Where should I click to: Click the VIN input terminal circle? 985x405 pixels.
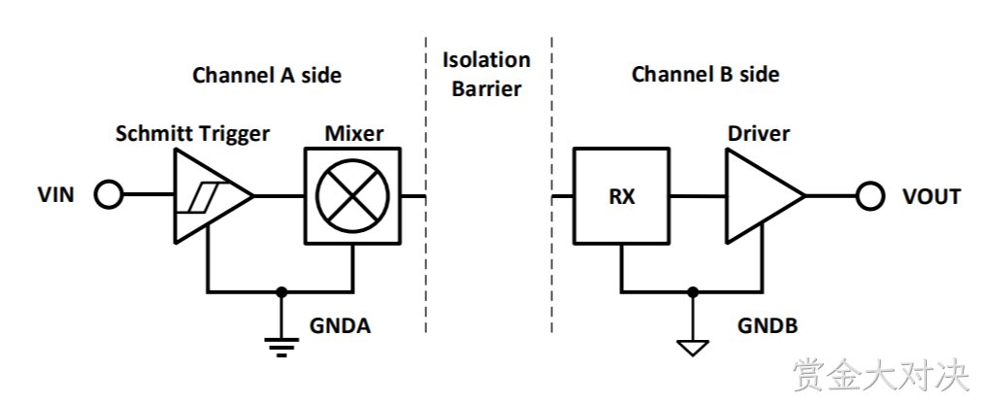click(108, 195)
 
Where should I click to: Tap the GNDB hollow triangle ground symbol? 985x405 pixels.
click(692, 348)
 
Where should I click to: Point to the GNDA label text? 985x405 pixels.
click(340, 325)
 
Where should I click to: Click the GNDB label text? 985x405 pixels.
click(768, 325)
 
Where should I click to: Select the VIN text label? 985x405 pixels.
click(56, 195)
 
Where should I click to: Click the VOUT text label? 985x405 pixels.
click(932, 196)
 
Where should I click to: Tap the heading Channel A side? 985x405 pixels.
click(267, 75)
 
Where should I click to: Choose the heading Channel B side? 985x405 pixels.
click(706, 74)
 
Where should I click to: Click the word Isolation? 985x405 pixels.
click(487, 60)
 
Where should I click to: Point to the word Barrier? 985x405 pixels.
click(487, 88)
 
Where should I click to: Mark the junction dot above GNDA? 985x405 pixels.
click(281, 291)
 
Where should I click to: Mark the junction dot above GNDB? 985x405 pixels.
click(692, 291)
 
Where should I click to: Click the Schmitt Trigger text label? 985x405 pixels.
click(193, 134)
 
